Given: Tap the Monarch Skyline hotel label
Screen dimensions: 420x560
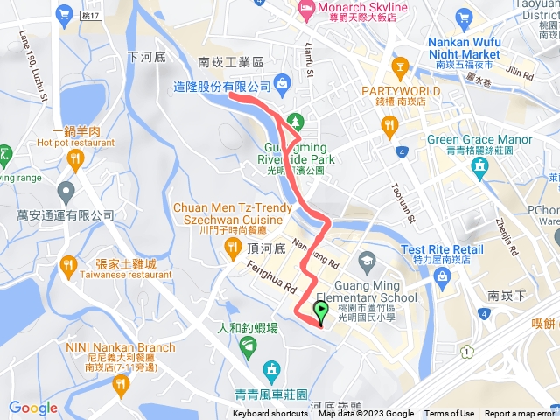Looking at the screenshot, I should (x=353, y=8).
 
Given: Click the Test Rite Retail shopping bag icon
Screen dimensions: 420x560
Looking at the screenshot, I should (x=442, y=277).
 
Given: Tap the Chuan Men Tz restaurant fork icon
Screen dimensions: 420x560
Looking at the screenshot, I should (x=232, y=248).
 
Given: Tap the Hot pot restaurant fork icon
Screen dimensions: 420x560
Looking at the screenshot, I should (x=74, y=159).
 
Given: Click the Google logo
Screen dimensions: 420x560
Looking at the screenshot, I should (x=32, y=408).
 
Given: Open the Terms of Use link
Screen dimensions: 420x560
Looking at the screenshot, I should (x=450, y=414).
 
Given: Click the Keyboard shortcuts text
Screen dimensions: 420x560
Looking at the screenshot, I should (x=270, y=414).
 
